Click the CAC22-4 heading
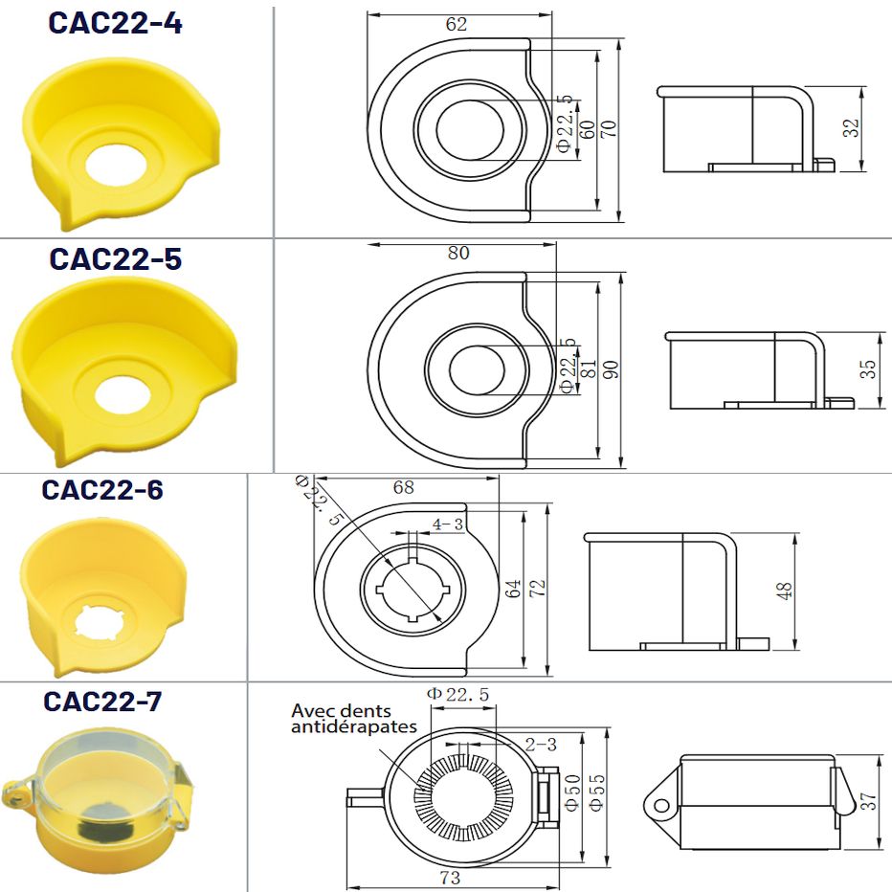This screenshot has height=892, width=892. (x=115, y=23)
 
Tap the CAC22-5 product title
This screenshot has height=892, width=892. (x=116, y=258)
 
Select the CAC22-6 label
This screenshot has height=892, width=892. (x=102, y=490)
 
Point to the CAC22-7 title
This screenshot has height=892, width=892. (x=102, y=702)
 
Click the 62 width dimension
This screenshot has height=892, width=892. (x=457, y=24)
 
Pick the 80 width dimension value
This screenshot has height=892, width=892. (x=458, y=253)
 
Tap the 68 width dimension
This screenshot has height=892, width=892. (x=404, y=487)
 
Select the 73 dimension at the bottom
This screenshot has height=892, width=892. (x=450, y=878)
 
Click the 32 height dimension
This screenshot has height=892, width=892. (x=851, y=127)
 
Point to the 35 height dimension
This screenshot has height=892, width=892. (x=867, y=369)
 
